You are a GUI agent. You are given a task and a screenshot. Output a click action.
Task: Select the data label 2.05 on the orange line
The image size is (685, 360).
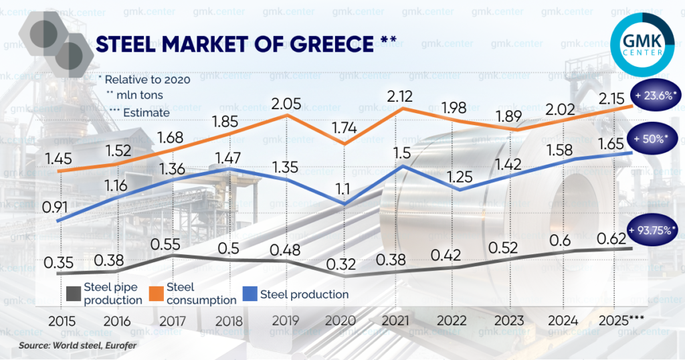pyautogui.click(x=286, y=104)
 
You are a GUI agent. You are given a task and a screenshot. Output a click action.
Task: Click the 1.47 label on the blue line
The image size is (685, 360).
pyautogui.click(x=228, y=159)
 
